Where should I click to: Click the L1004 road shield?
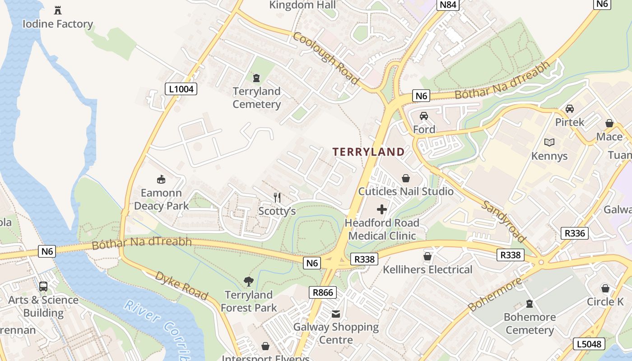click(181, 89)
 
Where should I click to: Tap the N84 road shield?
click(448, 5)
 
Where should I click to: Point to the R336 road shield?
click(575, 233)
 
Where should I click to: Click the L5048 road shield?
click(590, 344)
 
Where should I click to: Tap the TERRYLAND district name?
click(368, 152)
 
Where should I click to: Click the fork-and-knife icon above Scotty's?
click(277, 197)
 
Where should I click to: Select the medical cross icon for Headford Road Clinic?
click(382, 209)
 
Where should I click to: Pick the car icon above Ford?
click(424, 116)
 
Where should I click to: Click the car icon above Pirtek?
click(570, 109)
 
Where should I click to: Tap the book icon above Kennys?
click(549, 143)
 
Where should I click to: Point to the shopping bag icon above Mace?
click(609, 123)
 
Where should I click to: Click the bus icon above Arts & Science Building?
click(43, 286)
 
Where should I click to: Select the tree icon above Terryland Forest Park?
click(248, 282)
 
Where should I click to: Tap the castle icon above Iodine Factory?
click(58, 10)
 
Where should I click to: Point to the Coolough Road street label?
click(325, 58)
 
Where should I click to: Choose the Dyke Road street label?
click(181, 286)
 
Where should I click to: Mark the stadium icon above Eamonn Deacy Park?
click(161, 180)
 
